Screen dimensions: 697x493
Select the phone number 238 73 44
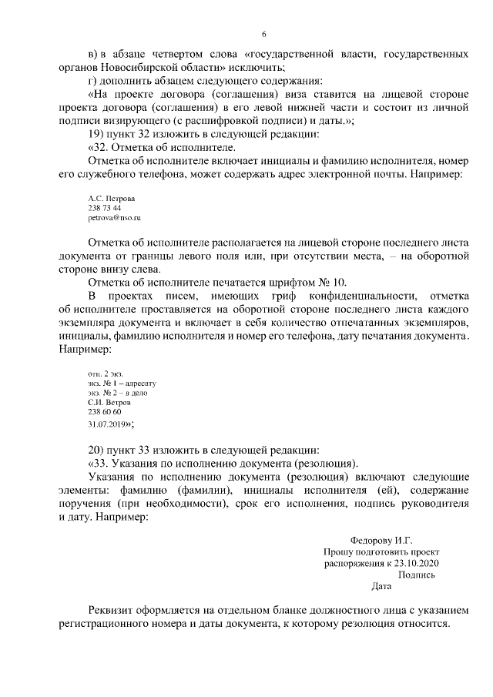coord(105,208)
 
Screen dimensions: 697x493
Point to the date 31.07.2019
coord(109,423)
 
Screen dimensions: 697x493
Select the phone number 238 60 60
coord(105,412)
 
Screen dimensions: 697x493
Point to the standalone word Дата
coord(381,585)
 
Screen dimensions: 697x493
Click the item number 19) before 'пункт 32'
coord(97,133)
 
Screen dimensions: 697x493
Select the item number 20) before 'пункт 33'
coord(97,450)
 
